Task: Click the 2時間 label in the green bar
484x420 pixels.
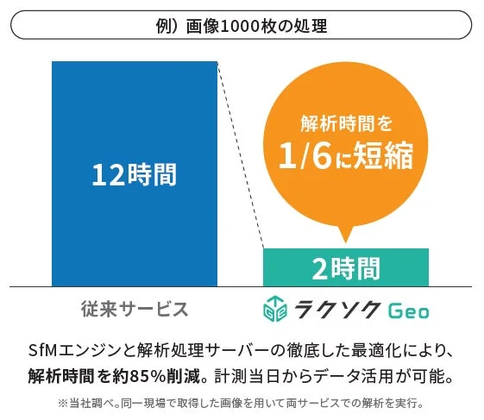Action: coord(345,268)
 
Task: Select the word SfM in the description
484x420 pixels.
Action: coord(43,352)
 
